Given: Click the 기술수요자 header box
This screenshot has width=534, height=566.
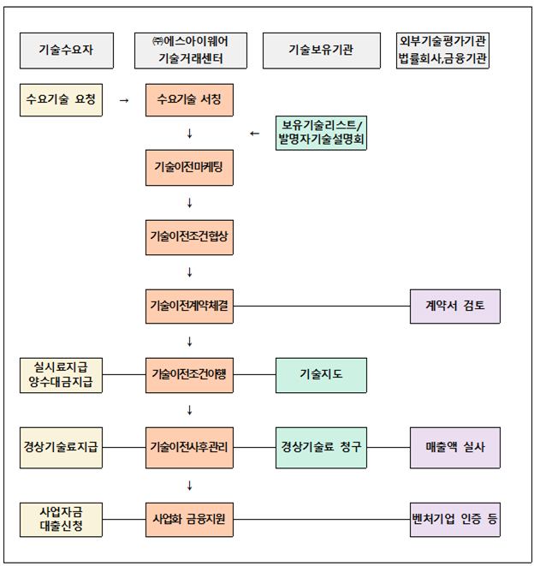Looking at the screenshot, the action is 67,51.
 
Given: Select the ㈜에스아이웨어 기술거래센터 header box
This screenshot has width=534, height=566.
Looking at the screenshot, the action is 191,51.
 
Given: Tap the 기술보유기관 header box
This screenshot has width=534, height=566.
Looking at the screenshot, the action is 322,51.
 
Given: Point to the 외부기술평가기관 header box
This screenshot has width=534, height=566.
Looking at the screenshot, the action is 442,51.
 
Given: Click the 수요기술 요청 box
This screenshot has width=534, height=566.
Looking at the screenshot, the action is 61,100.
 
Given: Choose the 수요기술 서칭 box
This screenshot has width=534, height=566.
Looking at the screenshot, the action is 189,100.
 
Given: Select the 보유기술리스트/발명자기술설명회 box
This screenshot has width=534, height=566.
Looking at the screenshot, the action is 321,133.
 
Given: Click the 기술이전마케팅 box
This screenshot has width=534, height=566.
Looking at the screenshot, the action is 189,168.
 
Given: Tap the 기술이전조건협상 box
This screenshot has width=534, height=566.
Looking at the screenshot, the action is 189,237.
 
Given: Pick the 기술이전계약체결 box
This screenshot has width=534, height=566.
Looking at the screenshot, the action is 189,307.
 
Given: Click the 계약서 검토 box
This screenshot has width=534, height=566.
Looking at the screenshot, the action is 455,307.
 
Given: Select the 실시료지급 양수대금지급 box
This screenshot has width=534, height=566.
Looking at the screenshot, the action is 61,375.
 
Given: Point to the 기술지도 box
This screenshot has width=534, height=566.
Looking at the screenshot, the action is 321,375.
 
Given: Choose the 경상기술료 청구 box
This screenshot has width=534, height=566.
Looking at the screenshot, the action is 321,448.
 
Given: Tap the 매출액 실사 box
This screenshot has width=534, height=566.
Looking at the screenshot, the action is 455,448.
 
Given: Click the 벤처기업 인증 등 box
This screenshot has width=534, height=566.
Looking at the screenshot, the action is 455,520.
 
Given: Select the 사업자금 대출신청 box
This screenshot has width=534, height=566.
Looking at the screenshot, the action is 61,520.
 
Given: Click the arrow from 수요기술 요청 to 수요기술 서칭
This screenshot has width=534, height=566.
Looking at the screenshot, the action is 124,100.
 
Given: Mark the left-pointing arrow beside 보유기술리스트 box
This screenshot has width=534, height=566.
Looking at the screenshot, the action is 255,134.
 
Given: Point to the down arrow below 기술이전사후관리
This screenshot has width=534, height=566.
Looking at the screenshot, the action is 190,486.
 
